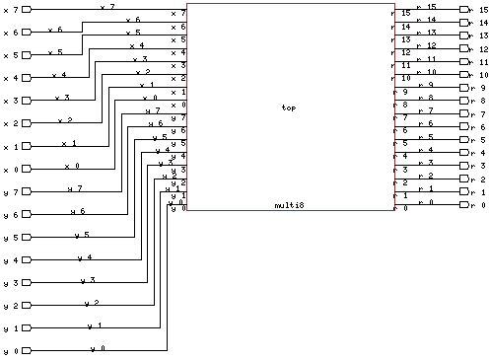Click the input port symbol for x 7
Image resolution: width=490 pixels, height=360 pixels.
pos(27,9)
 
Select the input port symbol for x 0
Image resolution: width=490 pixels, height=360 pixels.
pos(27,169)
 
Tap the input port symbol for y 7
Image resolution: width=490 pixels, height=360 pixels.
pos(27,191)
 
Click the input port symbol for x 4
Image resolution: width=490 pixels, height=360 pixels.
pos(27,78)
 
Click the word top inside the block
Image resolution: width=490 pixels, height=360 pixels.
pos(288,108)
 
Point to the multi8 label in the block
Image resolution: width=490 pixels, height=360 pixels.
pos(288,205)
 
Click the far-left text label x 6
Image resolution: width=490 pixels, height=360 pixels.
pos(9,33)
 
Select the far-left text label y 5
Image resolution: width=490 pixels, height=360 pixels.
pos(9,238)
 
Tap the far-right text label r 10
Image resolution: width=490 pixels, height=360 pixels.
pos(482,75)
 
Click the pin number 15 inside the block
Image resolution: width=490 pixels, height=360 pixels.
pos(404,13)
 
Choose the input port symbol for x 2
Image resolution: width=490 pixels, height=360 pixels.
pos(27,123)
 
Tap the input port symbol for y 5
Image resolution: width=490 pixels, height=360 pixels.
pos(27,237)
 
